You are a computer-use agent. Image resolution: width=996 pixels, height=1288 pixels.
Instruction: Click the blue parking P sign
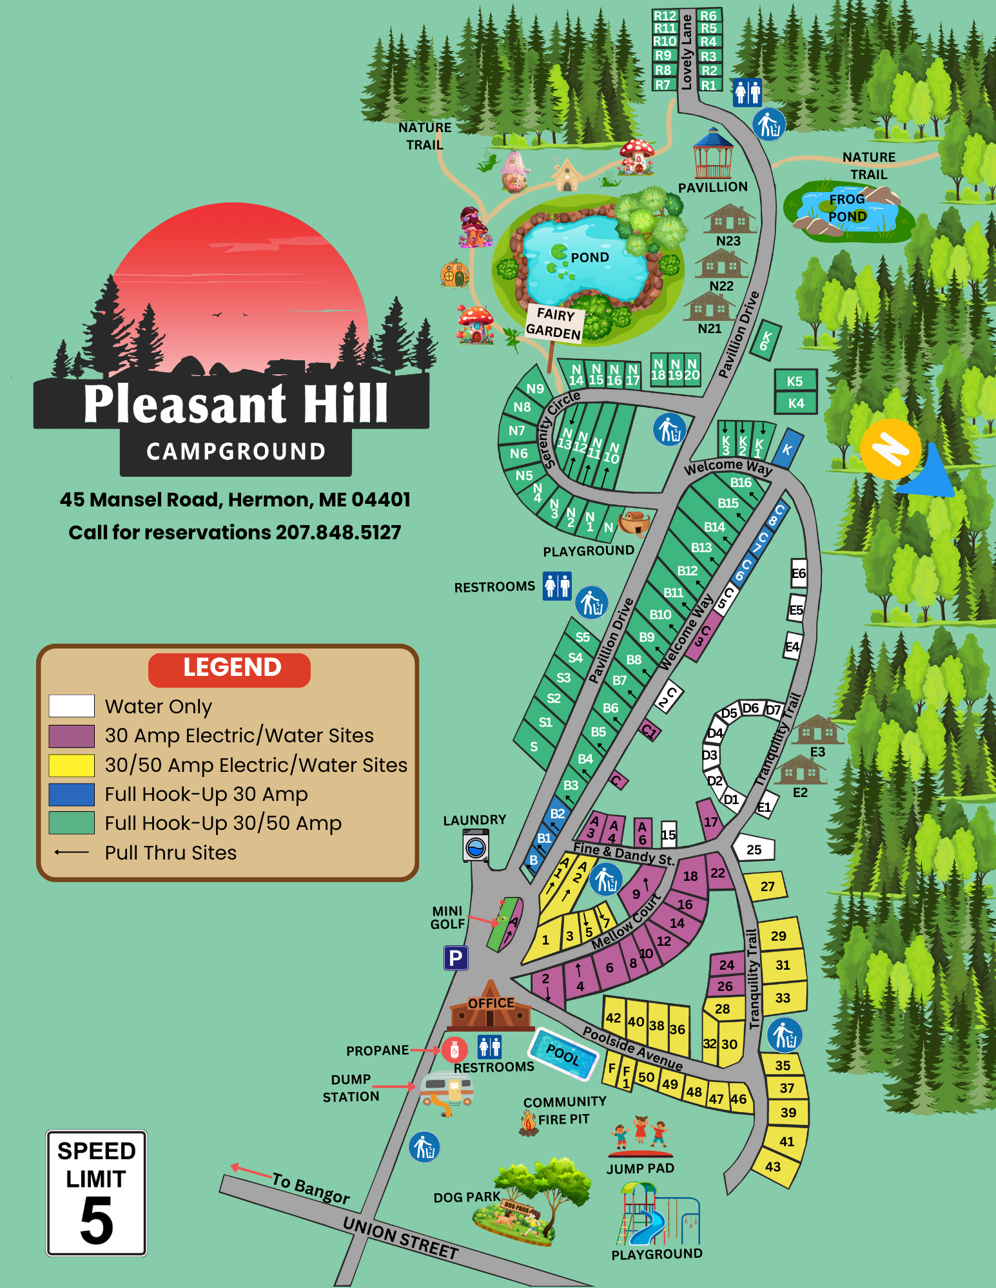click(x=455, y=958)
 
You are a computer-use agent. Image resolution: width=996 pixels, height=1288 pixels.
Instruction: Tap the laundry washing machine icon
click(x=476, y=845)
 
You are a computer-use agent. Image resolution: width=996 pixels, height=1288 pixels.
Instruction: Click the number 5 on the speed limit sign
click(x=97, y=1222)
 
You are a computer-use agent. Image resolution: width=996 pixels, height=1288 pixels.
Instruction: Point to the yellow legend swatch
click(x=72, y=765)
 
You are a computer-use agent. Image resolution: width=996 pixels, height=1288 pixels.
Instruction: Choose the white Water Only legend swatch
click(x=72, y=706)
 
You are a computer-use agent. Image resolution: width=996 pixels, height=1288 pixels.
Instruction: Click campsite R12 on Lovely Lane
click(x=665, y=16)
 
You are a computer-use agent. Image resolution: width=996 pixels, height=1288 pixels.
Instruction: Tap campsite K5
click(x=795, y=381)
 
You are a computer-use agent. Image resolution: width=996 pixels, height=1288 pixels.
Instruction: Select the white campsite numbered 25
click(x=754, y=849)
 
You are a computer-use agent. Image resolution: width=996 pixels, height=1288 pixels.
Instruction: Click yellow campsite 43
click(x=773, y=1167)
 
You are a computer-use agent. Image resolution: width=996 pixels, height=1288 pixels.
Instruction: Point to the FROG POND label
click(x=847, y=207)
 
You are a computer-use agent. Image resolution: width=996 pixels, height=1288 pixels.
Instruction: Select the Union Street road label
click(x=400, y=1238)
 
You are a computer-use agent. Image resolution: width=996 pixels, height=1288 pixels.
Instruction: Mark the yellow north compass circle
click(x=890, y=448)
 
